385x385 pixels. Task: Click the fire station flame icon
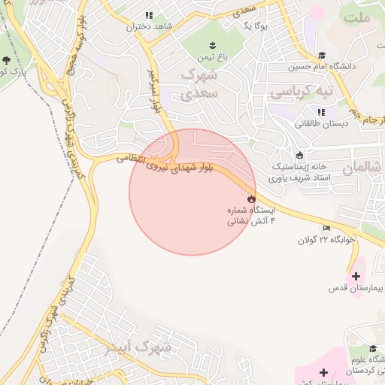click(x=251, y=199)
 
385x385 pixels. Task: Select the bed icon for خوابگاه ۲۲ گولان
click(x=326, y=228)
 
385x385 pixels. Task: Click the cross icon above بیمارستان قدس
click(x=355, y=276)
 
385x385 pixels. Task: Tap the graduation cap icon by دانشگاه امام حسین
click(x=322, y=55)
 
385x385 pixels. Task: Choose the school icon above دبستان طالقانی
click(x=321, y=111)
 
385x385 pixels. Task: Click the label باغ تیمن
click(x=213, y=57)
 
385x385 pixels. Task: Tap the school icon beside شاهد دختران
click(x=149, y=15)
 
